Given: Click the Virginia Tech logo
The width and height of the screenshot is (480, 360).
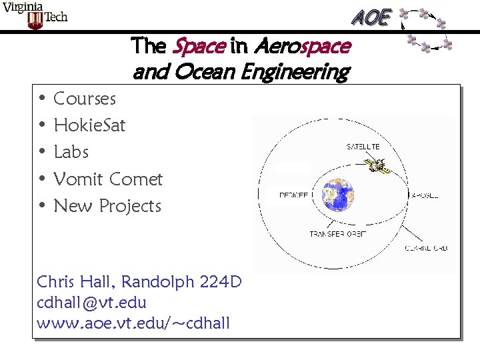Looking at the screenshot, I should (35, 15).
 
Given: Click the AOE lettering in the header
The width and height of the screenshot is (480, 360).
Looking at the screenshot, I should (371, 17).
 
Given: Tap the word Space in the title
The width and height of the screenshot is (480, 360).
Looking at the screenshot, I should (197, 46).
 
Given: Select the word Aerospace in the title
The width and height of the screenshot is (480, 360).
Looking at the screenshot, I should (301, 46).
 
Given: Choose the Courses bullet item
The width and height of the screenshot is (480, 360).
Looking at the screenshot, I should (85, 99).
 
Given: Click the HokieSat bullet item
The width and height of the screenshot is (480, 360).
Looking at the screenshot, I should (89, 125).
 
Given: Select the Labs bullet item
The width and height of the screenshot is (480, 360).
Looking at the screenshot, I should (71, 152).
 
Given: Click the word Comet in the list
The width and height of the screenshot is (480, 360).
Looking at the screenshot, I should (136, 179).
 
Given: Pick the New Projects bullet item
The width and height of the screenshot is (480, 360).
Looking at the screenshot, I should (107, 206).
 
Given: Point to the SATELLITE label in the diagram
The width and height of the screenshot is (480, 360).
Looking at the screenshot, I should (363, 147).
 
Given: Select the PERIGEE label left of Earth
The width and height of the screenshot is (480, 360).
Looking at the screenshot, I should (293, 195).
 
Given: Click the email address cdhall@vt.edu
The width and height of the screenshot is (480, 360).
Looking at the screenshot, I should (91, 303).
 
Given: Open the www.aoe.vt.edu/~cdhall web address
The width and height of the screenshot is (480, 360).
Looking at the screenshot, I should (133, 324).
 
